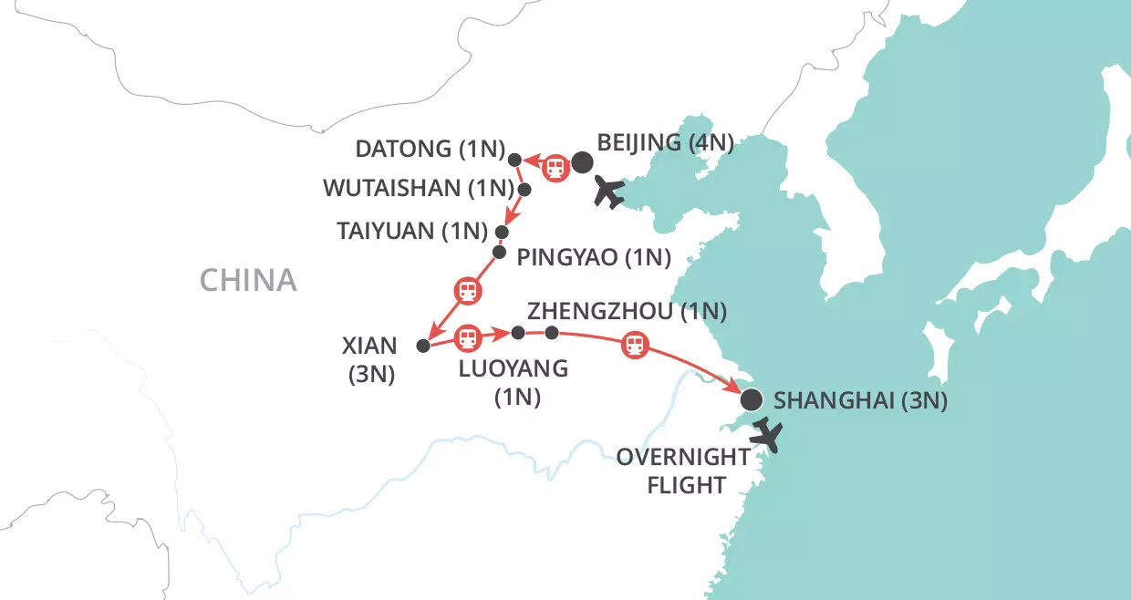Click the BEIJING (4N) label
tap(664, 142)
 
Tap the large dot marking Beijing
tap(582, 163)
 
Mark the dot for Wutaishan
tap(524, 190)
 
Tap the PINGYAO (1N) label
tap(594, 257)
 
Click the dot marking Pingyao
tap(499, 252)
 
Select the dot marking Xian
tap(422, 346)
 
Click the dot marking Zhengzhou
tap(551, 333)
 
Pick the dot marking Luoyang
tap(518, 333)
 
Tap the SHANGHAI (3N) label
tap(860, 400)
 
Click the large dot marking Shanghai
tap(751, 399)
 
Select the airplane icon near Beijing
tap(608, 192)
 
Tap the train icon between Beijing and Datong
tap(553, 168)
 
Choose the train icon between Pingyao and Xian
tap(466, 291)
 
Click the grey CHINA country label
tap(248, 280)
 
